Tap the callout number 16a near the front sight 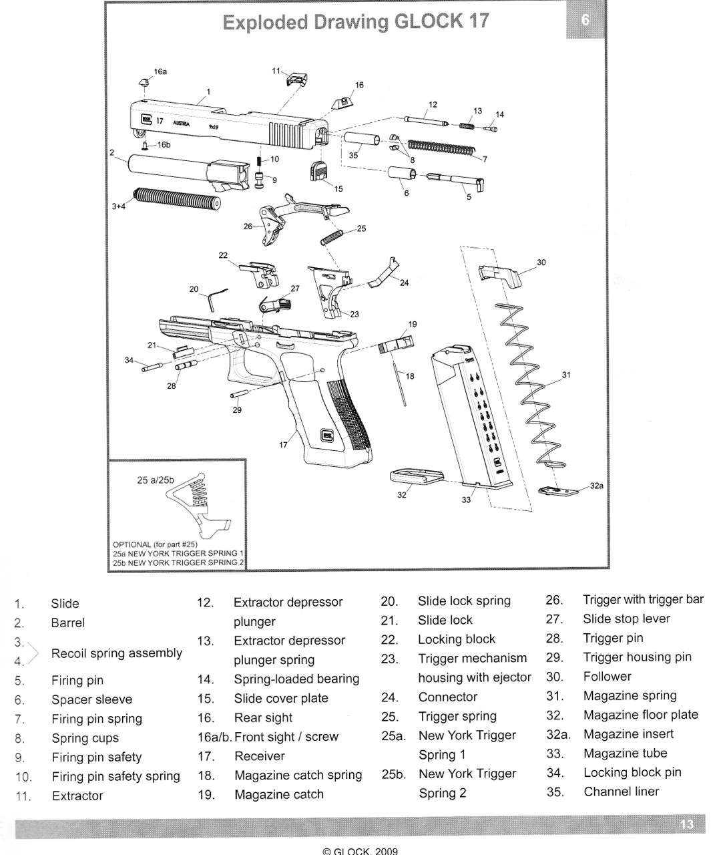click(160, 71)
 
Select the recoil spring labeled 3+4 click(177, 198)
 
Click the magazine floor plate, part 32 click(415, 476)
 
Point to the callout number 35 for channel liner click(353, 155)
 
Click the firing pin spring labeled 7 click(441, 148)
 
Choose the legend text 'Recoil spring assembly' click(117, 653)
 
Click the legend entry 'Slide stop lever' click(626, 619)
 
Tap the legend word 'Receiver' click(259, 756)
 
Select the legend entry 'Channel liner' click(621, 792)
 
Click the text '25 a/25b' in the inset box click(155, 480)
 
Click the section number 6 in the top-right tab click(585, 21)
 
